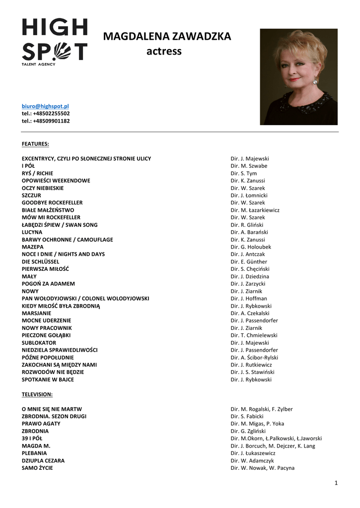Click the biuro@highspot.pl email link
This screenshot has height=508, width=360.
[x=45, y=106]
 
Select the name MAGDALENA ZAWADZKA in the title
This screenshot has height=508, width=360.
[x=167, y=36]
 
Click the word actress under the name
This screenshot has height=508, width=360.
[x=164, y=51]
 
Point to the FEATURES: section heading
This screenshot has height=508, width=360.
[x=35, y=144]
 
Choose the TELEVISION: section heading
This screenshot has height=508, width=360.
[x=37, y=394]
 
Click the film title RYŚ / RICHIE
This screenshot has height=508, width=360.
[x=37, y=173]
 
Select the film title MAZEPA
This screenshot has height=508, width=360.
[x=33, y=247]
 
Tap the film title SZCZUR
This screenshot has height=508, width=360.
[x=31, y=195]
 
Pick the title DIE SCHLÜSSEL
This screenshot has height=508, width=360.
[x=40, y=261]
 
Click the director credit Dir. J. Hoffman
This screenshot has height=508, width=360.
[x=249, y=298]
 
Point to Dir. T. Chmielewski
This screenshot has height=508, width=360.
[x=254, y=335]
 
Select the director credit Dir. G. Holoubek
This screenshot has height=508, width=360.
[x=251, y=247]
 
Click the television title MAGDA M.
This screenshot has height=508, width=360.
[x=36, y=445]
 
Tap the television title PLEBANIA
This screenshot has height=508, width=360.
[x=35, y=453]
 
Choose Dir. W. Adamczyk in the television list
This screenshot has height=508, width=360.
[x=252, y=460]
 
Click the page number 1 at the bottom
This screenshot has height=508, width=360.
[x=336, y=483]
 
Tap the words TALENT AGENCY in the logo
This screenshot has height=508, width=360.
[x=38, y=64]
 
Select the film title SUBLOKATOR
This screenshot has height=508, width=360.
[x=39, y=342]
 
